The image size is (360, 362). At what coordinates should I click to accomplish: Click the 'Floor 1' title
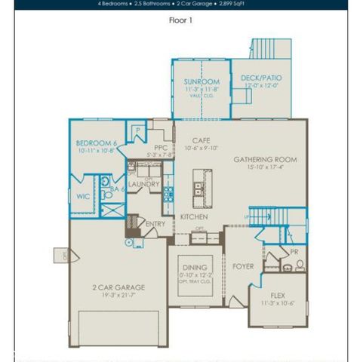click(x=180, y=20)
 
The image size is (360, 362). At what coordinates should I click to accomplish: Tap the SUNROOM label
click(x=202, y=81)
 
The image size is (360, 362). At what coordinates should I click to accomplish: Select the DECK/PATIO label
click(x=261, y=78)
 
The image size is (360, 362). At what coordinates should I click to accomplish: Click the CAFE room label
click(x=200, y=140)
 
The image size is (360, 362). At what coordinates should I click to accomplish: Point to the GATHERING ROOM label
click(x=265, y=160)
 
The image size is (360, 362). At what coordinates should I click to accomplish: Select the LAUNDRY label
click(x=143, y=184)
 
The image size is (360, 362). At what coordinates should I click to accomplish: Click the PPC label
click(x=159, y=148)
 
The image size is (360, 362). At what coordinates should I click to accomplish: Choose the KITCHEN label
click(x=193, y=217)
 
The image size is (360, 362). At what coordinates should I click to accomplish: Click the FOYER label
click(x=242, y=266)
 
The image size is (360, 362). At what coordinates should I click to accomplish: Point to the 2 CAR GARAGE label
click(x=118, y=287)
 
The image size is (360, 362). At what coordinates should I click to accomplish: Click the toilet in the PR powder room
click(x=300, y=265)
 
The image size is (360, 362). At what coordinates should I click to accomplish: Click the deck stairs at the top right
click(x=269, y=48)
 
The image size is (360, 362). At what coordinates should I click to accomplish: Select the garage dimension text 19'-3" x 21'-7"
click(x=118, y=296)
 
